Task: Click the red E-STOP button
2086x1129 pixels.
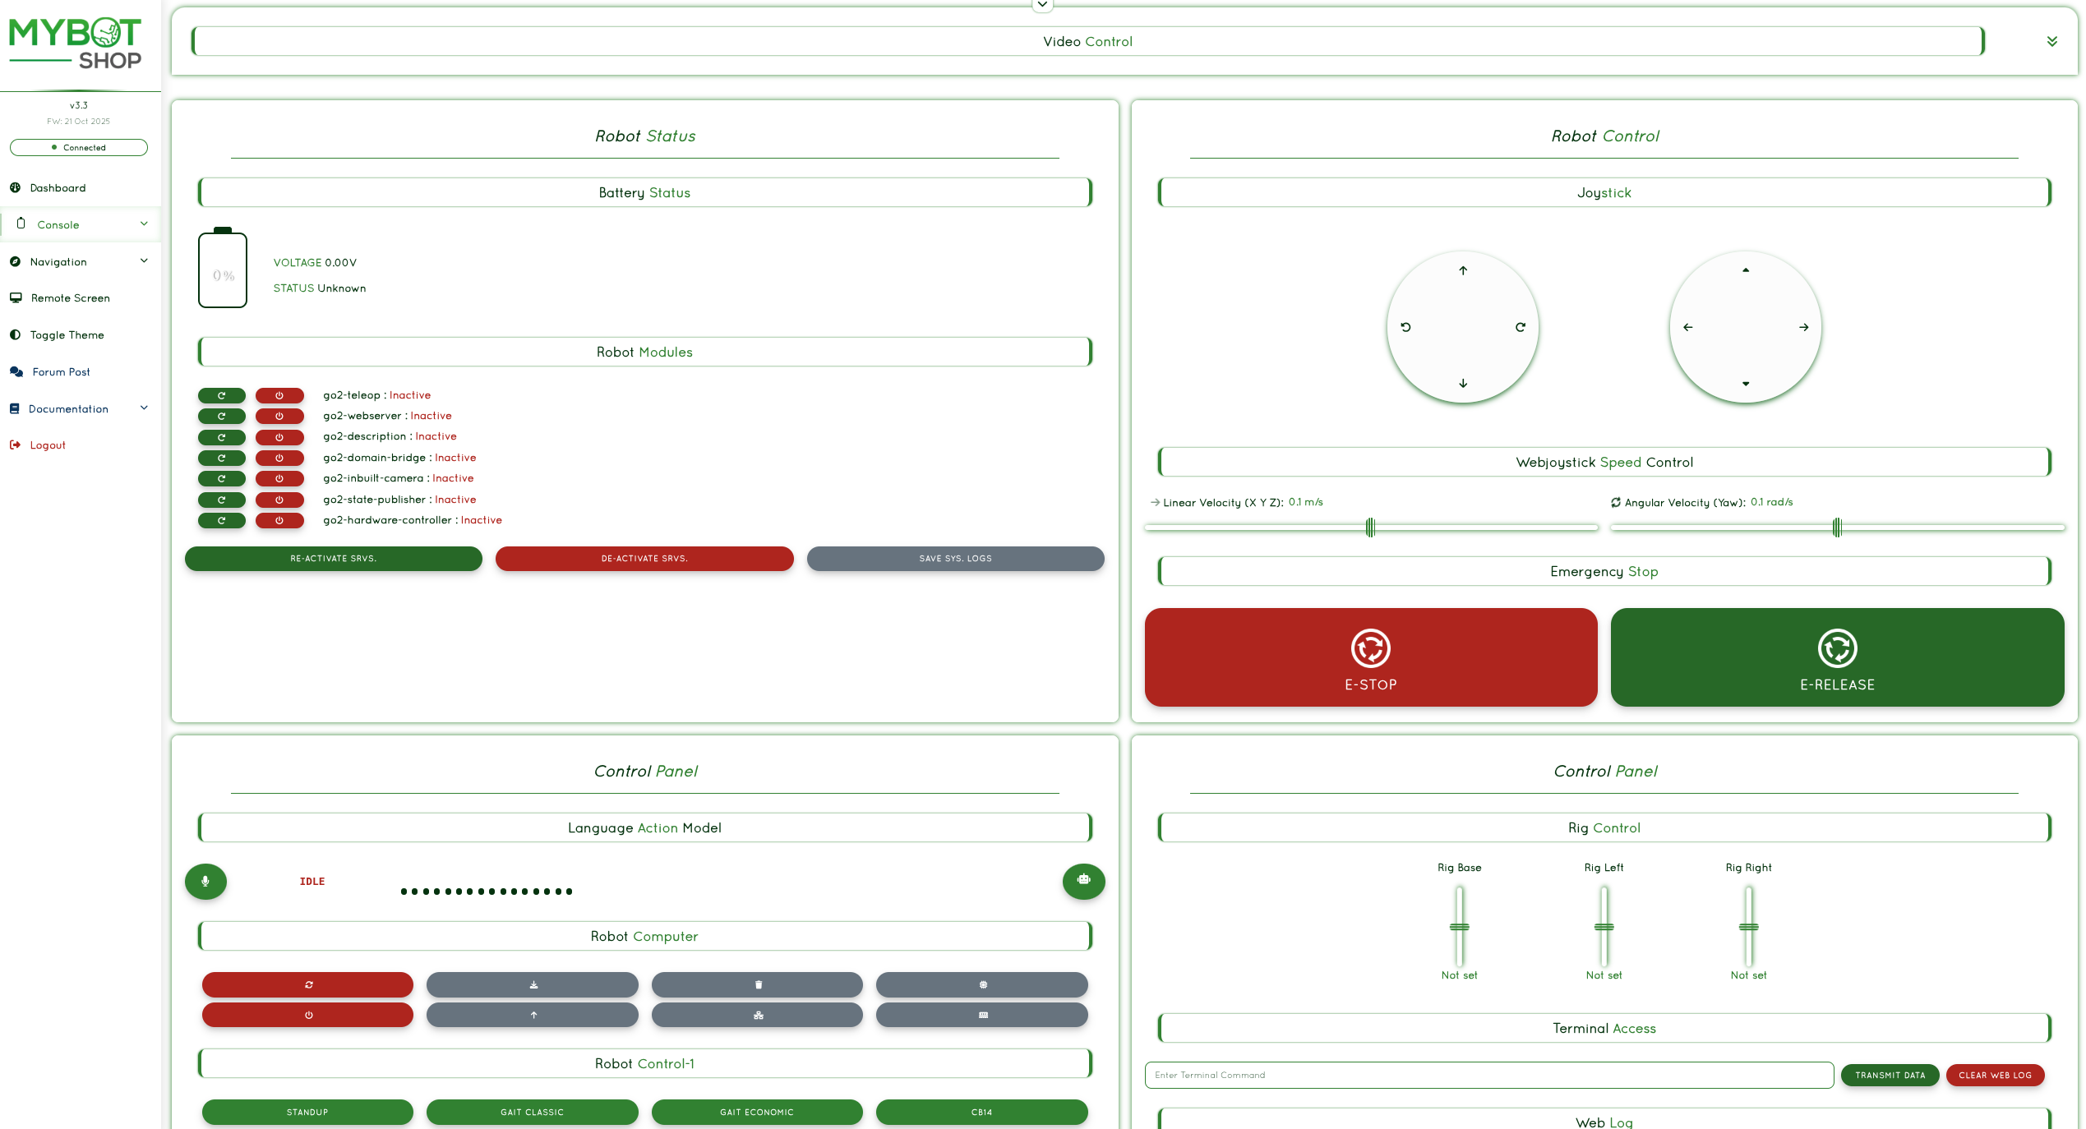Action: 1370,657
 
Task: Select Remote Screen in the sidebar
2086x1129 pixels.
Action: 70,298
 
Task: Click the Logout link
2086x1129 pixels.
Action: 48,445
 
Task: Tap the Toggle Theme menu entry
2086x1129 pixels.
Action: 67,335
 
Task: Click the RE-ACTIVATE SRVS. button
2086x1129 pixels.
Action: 333,559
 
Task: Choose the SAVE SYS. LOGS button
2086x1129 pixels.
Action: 955,559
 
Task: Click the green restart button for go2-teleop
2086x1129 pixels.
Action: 221,395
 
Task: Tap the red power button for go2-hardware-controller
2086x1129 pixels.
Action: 279,520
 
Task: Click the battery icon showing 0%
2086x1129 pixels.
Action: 223,269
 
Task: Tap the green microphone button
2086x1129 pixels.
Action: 205,881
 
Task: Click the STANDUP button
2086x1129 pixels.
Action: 307,1112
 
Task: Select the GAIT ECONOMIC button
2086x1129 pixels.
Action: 757,1112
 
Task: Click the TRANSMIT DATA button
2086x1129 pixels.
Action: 1890,1075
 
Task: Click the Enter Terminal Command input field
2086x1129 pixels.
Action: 1489,1075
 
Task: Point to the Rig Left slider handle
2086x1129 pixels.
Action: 1604,927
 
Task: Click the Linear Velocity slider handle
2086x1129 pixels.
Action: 1370,528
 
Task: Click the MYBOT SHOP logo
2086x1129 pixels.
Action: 75,44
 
